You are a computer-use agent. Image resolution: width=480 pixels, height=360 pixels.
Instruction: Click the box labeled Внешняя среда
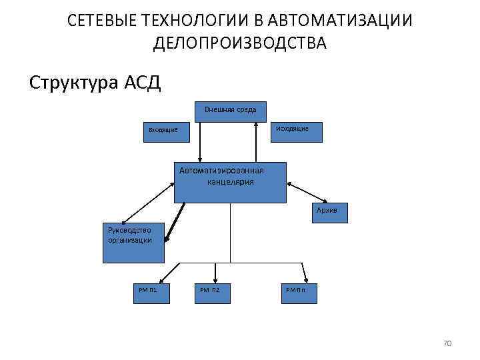pos(230,111)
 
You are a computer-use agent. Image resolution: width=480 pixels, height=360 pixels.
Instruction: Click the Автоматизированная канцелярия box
pos(230,182)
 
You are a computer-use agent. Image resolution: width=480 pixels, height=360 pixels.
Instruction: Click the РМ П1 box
pos(149,291)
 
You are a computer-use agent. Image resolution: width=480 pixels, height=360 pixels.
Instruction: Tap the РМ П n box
pos(299,291)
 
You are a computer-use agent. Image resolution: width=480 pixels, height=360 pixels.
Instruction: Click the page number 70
pos(447,343)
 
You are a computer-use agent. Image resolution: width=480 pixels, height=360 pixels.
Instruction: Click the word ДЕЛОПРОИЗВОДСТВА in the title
pos(239,44)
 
